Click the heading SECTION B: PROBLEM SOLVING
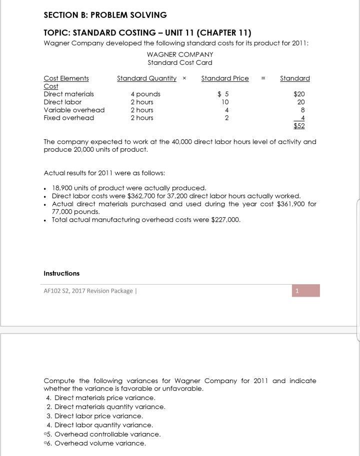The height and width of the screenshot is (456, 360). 105,15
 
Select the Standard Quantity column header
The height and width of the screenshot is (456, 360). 146,78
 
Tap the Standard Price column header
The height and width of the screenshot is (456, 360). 224,78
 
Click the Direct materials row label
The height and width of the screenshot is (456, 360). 68,94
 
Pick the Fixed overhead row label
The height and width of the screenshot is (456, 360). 68,118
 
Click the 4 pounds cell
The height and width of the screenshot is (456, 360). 145,94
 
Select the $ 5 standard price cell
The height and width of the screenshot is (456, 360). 223,94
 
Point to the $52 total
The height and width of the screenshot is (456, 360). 299,126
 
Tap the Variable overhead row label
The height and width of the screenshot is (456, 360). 74,110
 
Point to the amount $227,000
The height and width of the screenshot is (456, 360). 225,220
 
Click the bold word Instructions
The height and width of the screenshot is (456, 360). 61,273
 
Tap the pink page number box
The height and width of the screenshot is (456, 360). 305,291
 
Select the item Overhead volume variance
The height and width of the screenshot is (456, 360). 100,443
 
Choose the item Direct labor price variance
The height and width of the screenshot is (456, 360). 98,416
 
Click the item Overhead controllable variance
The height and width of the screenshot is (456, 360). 107,434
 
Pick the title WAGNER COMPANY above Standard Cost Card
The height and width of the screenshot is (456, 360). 180,54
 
